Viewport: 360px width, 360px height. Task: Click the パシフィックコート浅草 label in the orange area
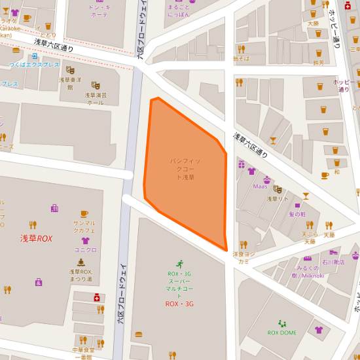(183, 169)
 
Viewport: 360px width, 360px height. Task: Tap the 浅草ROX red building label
(36, 239)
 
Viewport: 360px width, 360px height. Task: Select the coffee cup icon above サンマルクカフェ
(84, 213)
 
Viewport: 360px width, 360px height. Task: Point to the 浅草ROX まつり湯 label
(81, 276)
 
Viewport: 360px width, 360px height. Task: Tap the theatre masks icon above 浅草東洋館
(70, 70)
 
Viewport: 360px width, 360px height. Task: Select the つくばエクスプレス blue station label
(34, 65)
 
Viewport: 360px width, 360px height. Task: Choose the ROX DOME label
(282, 333)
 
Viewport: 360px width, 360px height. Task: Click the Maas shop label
(260, 186)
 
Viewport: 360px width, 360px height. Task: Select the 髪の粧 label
(297, 214)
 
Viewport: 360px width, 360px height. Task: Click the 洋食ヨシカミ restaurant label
(243, 257)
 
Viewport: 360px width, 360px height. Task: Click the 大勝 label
(313, 23)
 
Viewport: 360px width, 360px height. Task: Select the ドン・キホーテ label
(99, 10)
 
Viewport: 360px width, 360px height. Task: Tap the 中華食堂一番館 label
(82, 353)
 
